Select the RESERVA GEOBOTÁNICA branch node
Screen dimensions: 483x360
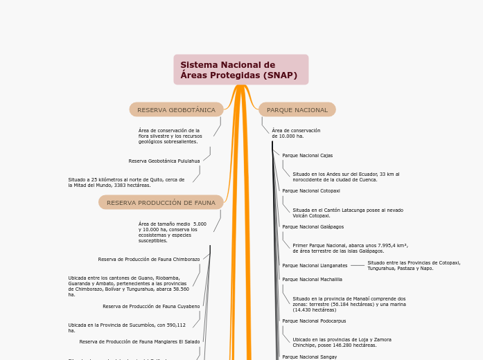[x=176, y=110]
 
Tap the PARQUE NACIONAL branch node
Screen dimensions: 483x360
[x=297, y=110]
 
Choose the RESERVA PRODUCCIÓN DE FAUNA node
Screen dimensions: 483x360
[x=161, y=203]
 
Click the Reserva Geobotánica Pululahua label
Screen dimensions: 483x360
[x=164, y=161]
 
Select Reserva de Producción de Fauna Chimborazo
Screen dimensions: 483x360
[x=149, y=260]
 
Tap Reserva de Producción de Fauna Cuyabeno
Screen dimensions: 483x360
[x=151, y=306]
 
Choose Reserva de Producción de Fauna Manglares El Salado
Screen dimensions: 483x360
[x=139, y=342]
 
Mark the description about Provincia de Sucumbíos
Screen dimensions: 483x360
[x=127, y=327]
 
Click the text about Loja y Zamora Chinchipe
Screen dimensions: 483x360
[x=342, y=342]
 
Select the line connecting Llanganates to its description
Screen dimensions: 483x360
[x=357, y=265]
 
